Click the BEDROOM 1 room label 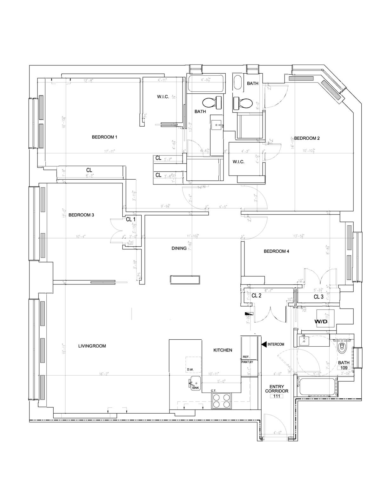coord(104,137)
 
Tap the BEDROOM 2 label coord(306,138)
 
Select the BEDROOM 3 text coord(81,215)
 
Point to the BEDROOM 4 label coord(276,251)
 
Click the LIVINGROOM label coord(92,346)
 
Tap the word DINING coord(179,248)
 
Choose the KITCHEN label coord(223,350)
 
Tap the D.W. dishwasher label coord(190,370)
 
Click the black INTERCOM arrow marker coord(263,344)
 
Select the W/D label coord(321,322)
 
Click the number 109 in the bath coord(344,368)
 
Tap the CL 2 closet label coord(256,296)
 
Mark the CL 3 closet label coord(318,297)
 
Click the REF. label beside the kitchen coord(246,357)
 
